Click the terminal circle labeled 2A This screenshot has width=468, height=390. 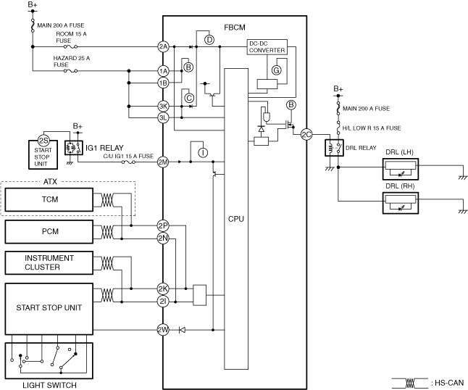(163, 46)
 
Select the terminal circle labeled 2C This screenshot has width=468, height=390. (306, 135)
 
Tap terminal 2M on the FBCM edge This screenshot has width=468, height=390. (163, 162)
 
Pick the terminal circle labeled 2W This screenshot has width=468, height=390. (163, 330)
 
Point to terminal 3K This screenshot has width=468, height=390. (163, 106)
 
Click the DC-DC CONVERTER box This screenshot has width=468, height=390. (267, 47)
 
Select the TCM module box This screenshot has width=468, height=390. (49, 200)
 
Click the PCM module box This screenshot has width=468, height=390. (49, 232)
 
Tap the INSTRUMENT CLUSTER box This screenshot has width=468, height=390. (49, 263)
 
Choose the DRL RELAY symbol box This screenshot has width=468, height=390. (334, 148)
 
